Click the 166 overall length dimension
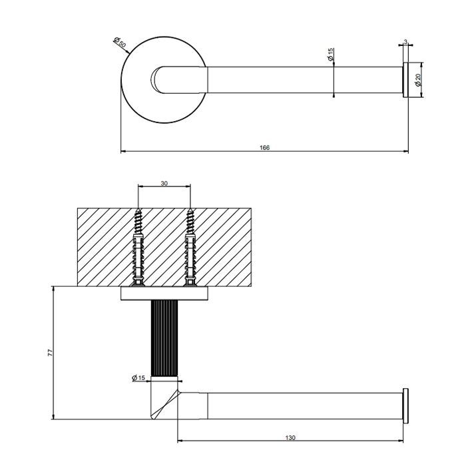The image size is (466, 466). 264,147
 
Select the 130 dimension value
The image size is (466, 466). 290,437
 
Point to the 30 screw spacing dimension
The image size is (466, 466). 164,184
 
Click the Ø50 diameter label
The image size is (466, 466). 120,45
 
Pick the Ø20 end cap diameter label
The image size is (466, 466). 417,80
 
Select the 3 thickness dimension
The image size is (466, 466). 405,42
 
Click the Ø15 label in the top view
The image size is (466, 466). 331,55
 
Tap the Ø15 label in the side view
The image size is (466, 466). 138,378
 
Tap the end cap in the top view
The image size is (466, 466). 405,80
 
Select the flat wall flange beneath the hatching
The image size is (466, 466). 164,294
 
